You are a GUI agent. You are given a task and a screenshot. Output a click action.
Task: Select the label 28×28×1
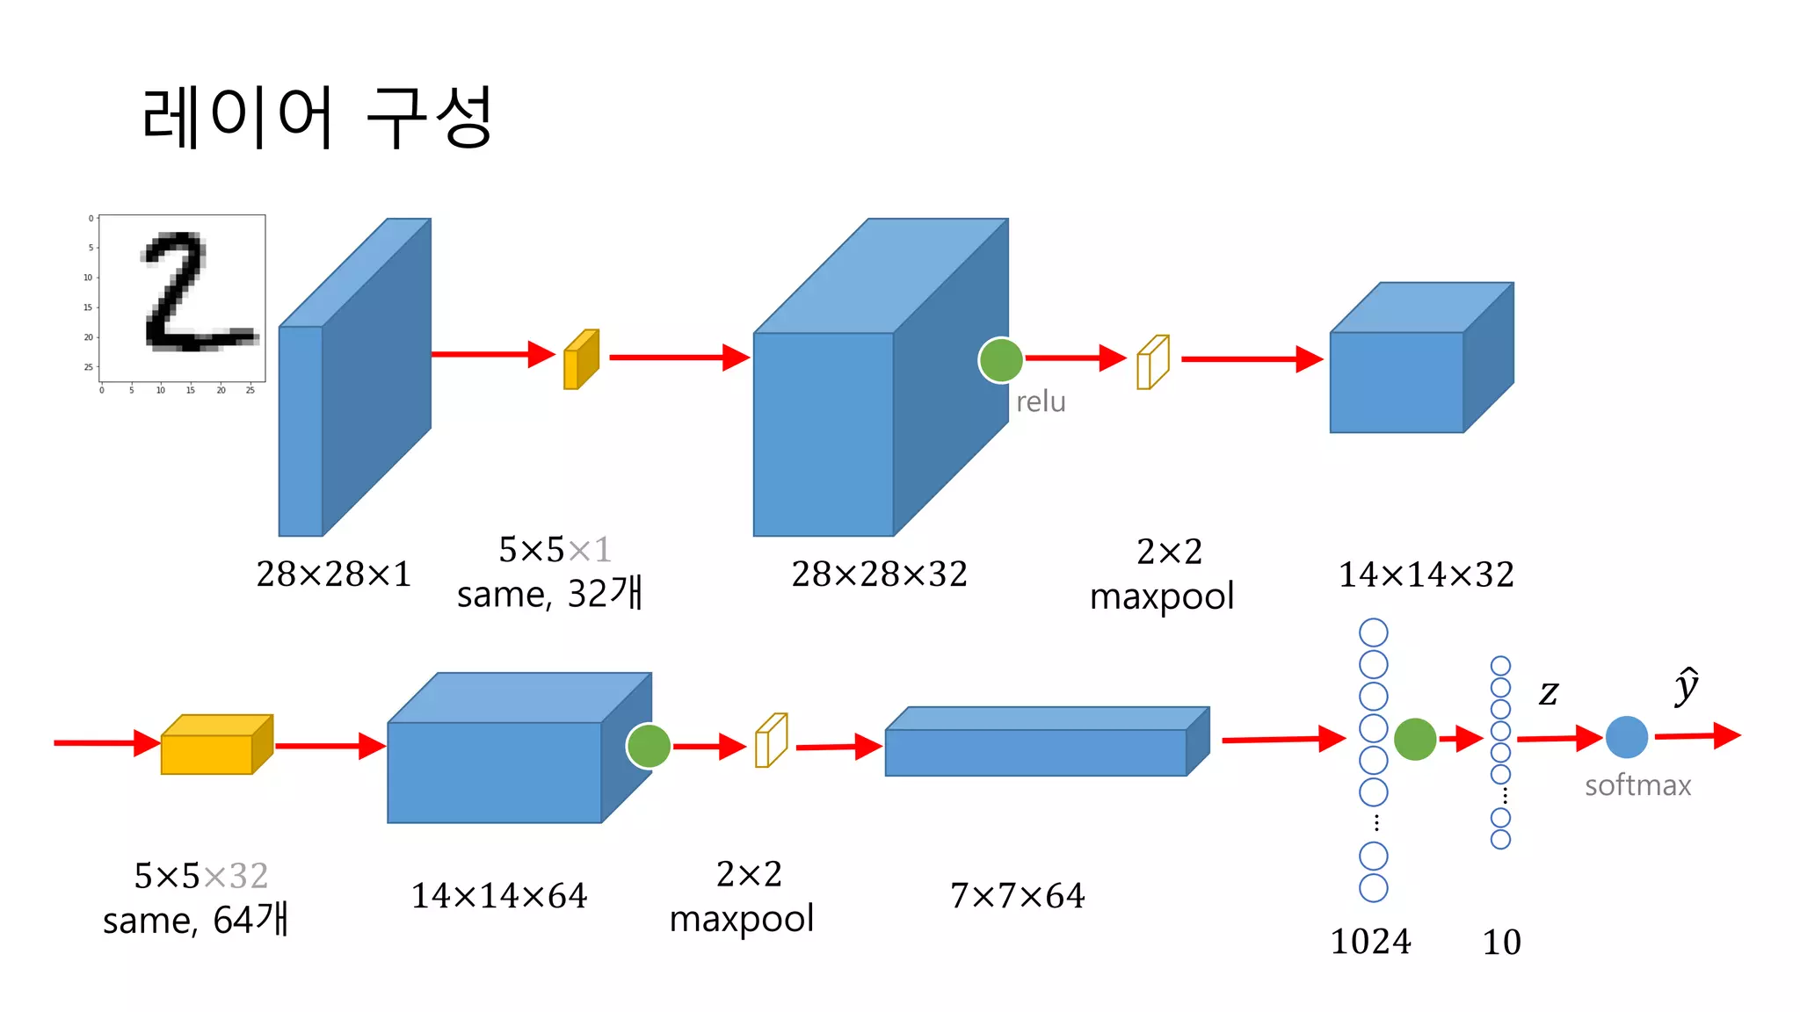point(333,575)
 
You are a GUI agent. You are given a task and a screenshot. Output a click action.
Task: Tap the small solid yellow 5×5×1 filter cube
point(580,360)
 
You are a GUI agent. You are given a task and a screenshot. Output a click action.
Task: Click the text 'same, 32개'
point(550,594)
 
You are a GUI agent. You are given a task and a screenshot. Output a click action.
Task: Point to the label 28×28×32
point(878,575)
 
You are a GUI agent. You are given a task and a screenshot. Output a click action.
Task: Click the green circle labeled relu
point(1000,360)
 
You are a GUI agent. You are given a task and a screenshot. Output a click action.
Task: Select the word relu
point(1041,401)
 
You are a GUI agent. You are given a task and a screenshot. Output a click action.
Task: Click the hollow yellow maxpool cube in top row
point(1152,362)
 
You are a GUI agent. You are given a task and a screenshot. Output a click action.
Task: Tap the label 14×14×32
point(1425,575)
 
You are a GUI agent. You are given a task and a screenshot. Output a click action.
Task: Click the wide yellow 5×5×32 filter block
point(216,745)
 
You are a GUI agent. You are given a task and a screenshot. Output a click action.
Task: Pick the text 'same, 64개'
point(195,920)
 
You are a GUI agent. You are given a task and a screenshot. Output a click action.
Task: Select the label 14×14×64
point(498,896)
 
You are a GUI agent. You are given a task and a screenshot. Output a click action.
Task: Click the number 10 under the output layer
point(1501,943)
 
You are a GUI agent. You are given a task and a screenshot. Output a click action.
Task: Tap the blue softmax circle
point(1626,737)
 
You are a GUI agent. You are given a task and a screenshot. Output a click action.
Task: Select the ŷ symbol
point(1686,686)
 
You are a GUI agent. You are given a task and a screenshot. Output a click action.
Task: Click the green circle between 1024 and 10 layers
point(1414,739)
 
